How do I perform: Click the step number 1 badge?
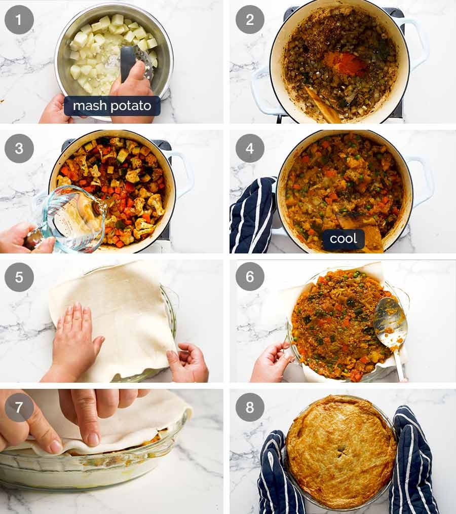(19, 20)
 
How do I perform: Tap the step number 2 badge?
(250, 20)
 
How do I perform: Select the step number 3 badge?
(19, 149)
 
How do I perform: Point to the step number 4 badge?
(250, 149)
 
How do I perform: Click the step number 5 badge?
(19, 277)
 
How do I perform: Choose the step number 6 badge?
(250, 277)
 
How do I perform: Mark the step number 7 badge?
(19, 407)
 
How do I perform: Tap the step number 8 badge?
(250, 407)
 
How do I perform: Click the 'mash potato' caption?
(112, 106)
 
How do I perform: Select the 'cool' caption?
(344, 239)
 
